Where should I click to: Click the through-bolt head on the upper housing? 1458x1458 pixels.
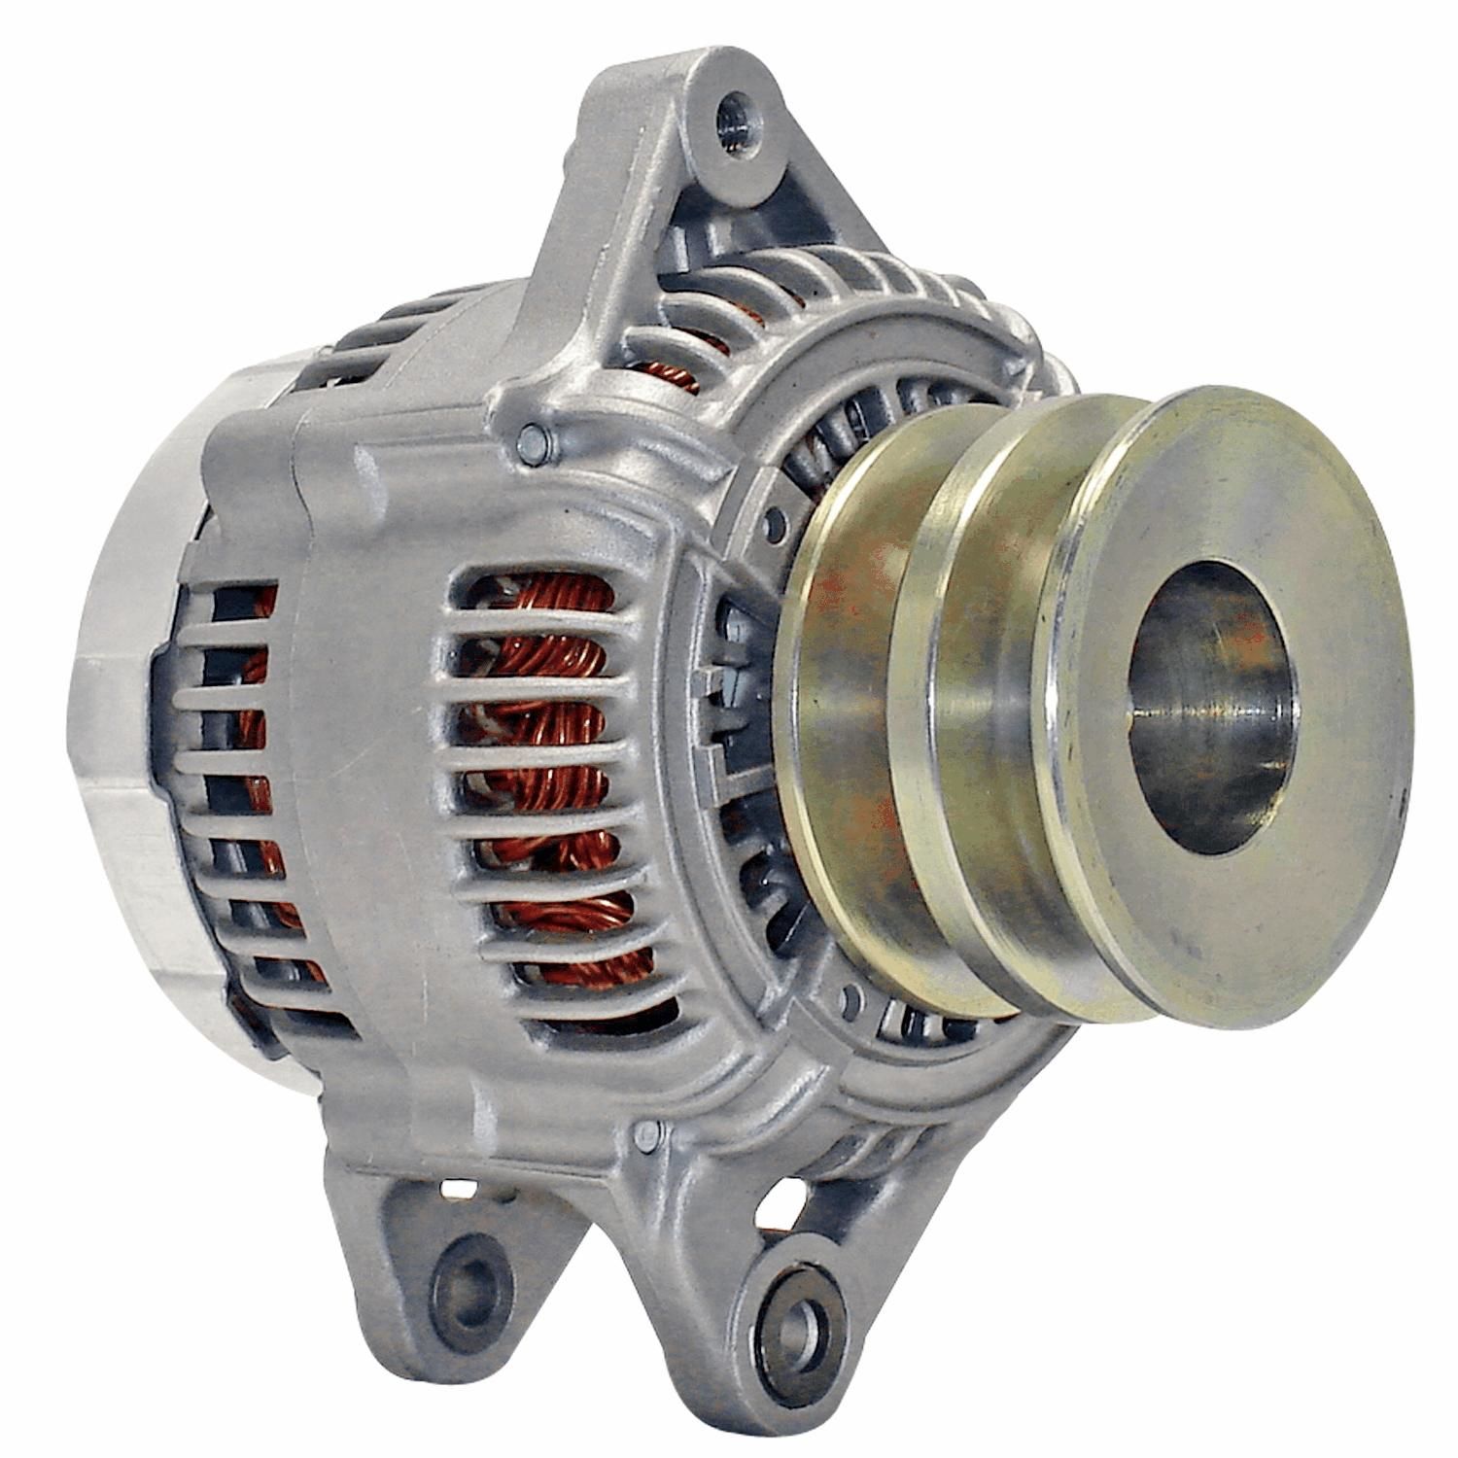tap(532, 443)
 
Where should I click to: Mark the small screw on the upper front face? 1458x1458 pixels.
tap(775, 526)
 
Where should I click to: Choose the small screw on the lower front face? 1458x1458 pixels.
tap(852, 996)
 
